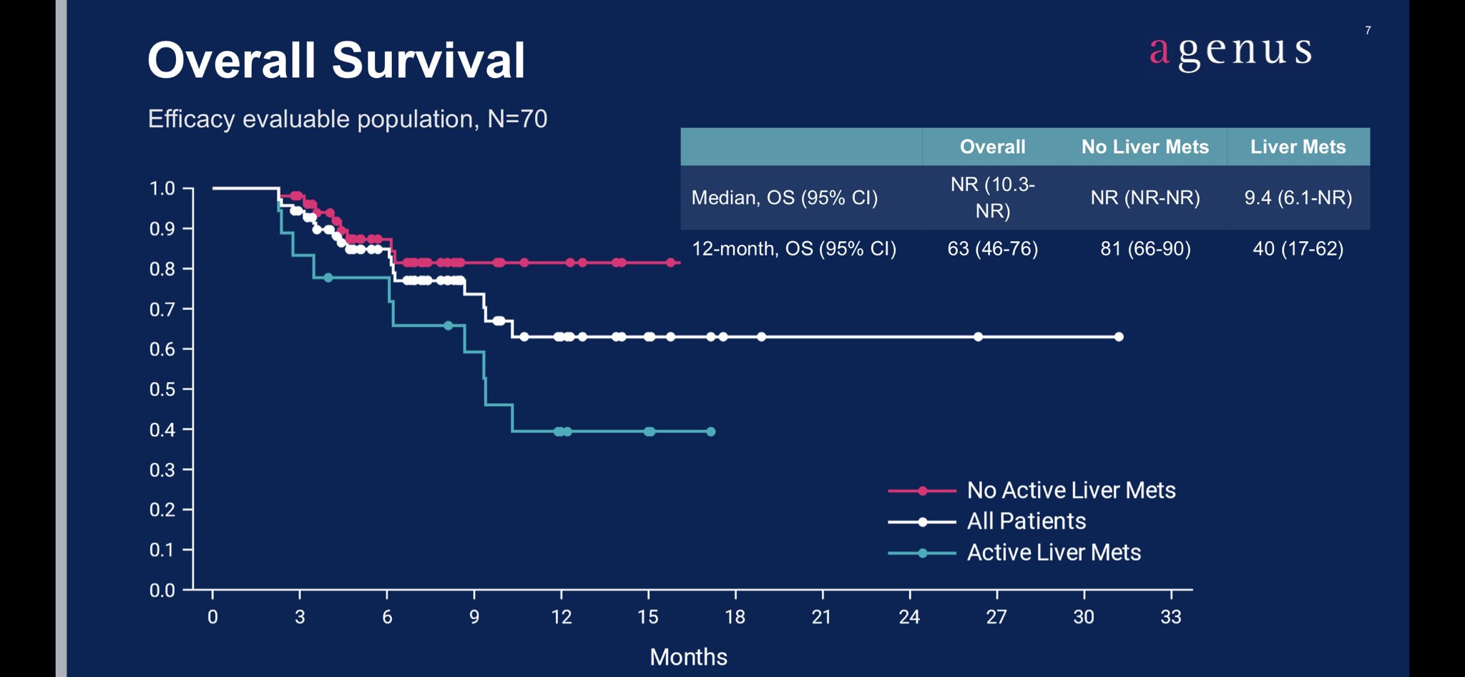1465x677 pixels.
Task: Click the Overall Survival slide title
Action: click(336, 60)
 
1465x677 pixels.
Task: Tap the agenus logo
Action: click(1230, 52)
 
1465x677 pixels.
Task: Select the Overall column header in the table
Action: click(992, 147)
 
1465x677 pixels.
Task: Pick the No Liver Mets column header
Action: click(1145, 147)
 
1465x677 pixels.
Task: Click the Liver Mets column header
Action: click(1298, 147)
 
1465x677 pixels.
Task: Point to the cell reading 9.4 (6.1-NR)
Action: click(1298, 198)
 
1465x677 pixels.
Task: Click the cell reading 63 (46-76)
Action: click(992, 248)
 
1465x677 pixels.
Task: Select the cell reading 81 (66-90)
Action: click(1145, 248)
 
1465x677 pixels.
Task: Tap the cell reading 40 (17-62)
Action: click(1298, 248)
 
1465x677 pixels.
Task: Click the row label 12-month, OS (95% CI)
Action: click(793, 248)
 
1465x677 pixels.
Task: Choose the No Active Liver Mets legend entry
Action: click(1070, 490)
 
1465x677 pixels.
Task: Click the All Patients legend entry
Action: click(1026, 521)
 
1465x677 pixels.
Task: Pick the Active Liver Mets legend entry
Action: click(1053, 552)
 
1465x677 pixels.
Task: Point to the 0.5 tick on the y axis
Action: click(162, 389)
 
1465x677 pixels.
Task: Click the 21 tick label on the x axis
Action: click(821, 617)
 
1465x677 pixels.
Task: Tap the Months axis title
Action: click(688, 657)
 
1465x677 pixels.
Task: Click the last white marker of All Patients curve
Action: click(1119, 336)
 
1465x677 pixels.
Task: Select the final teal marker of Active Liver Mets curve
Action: click(710, 432)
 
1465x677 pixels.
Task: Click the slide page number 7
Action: click(1368, 30)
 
